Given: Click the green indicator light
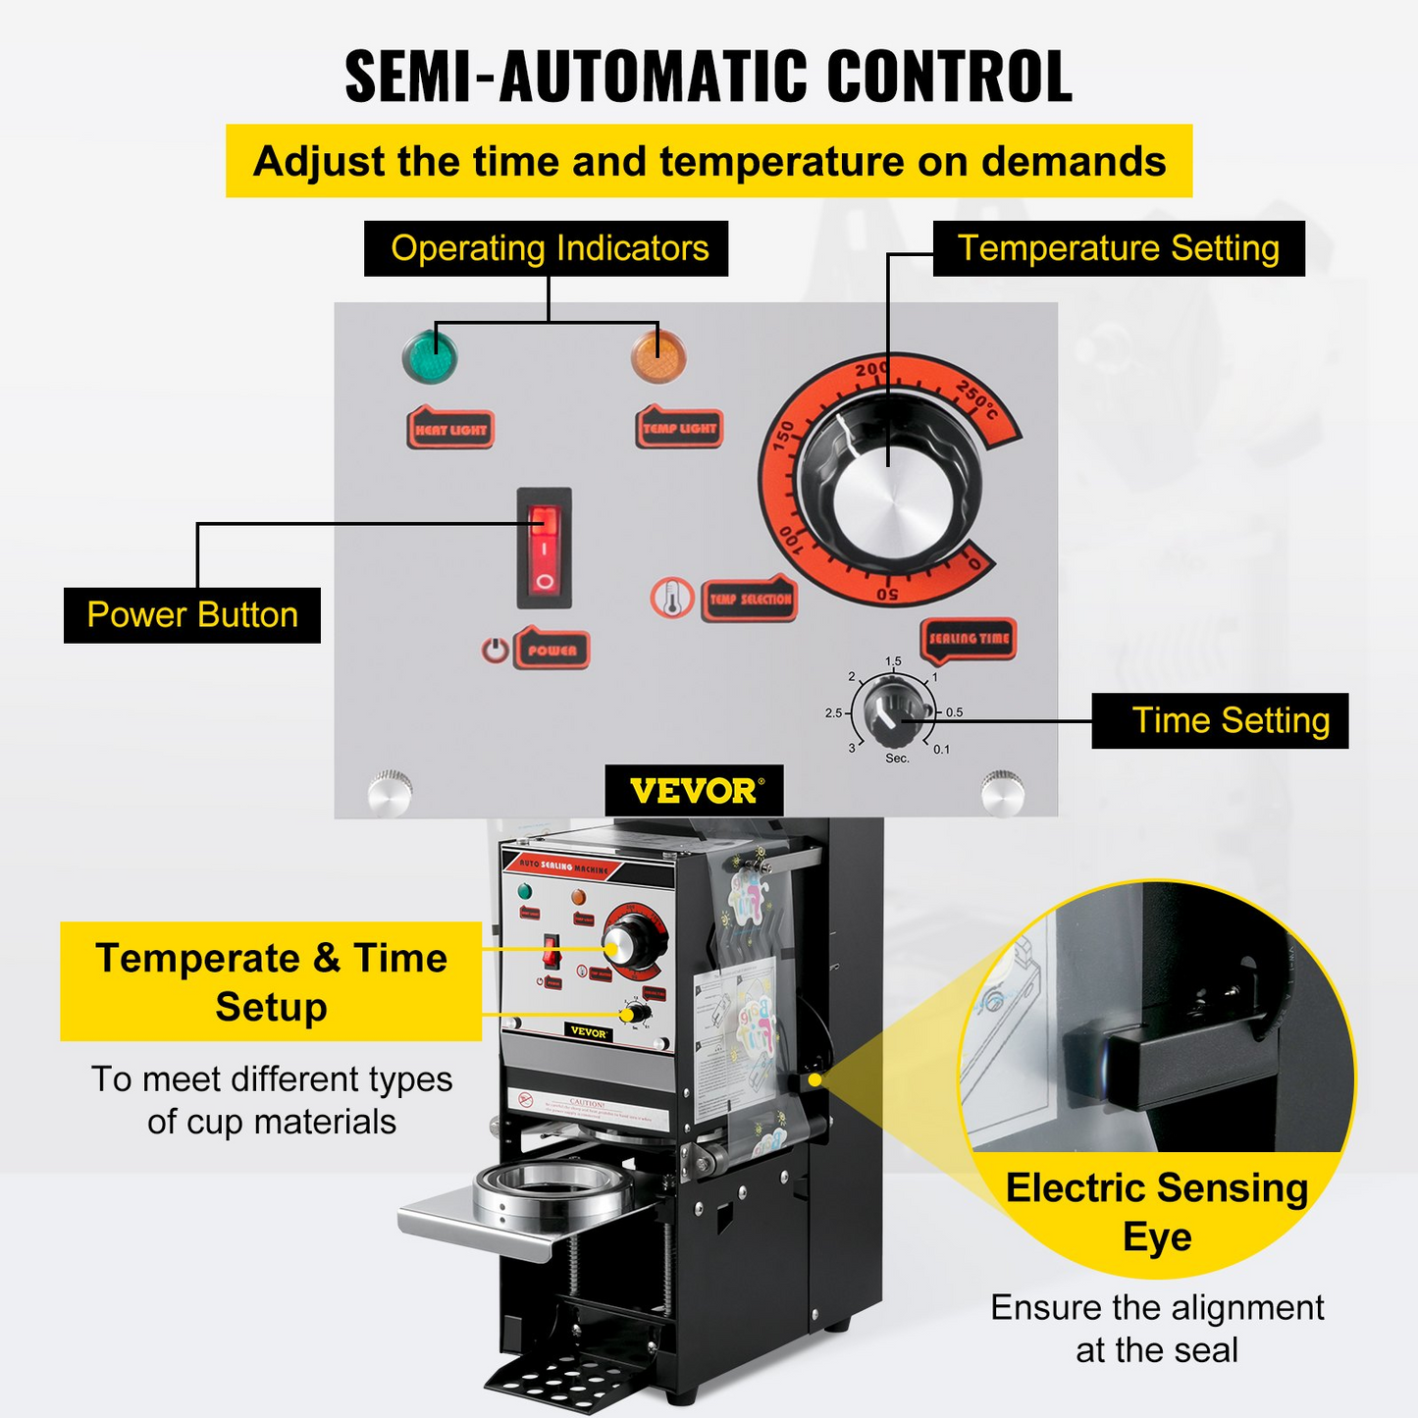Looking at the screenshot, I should pos(430,356).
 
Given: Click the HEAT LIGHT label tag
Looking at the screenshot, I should pos(450,430).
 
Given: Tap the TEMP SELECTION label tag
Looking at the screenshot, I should pos(750,599).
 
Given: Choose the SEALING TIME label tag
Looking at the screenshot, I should pos(968,639).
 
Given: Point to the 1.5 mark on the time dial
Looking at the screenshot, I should pos(893,662).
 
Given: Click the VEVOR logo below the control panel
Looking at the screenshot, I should pos(694,791).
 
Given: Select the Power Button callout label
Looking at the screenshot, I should pos(192,615).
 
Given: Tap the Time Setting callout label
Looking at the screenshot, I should pos(1220,721).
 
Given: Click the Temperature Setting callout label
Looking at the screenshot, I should pos(1118,248).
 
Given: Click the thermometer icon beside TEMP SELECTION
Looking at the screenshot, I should pos(672,598).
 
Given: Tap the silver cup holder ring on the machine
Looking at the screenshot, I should pos(552,1188).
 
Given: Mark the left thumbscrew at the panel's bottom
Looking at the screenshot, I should pos(389,791).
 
